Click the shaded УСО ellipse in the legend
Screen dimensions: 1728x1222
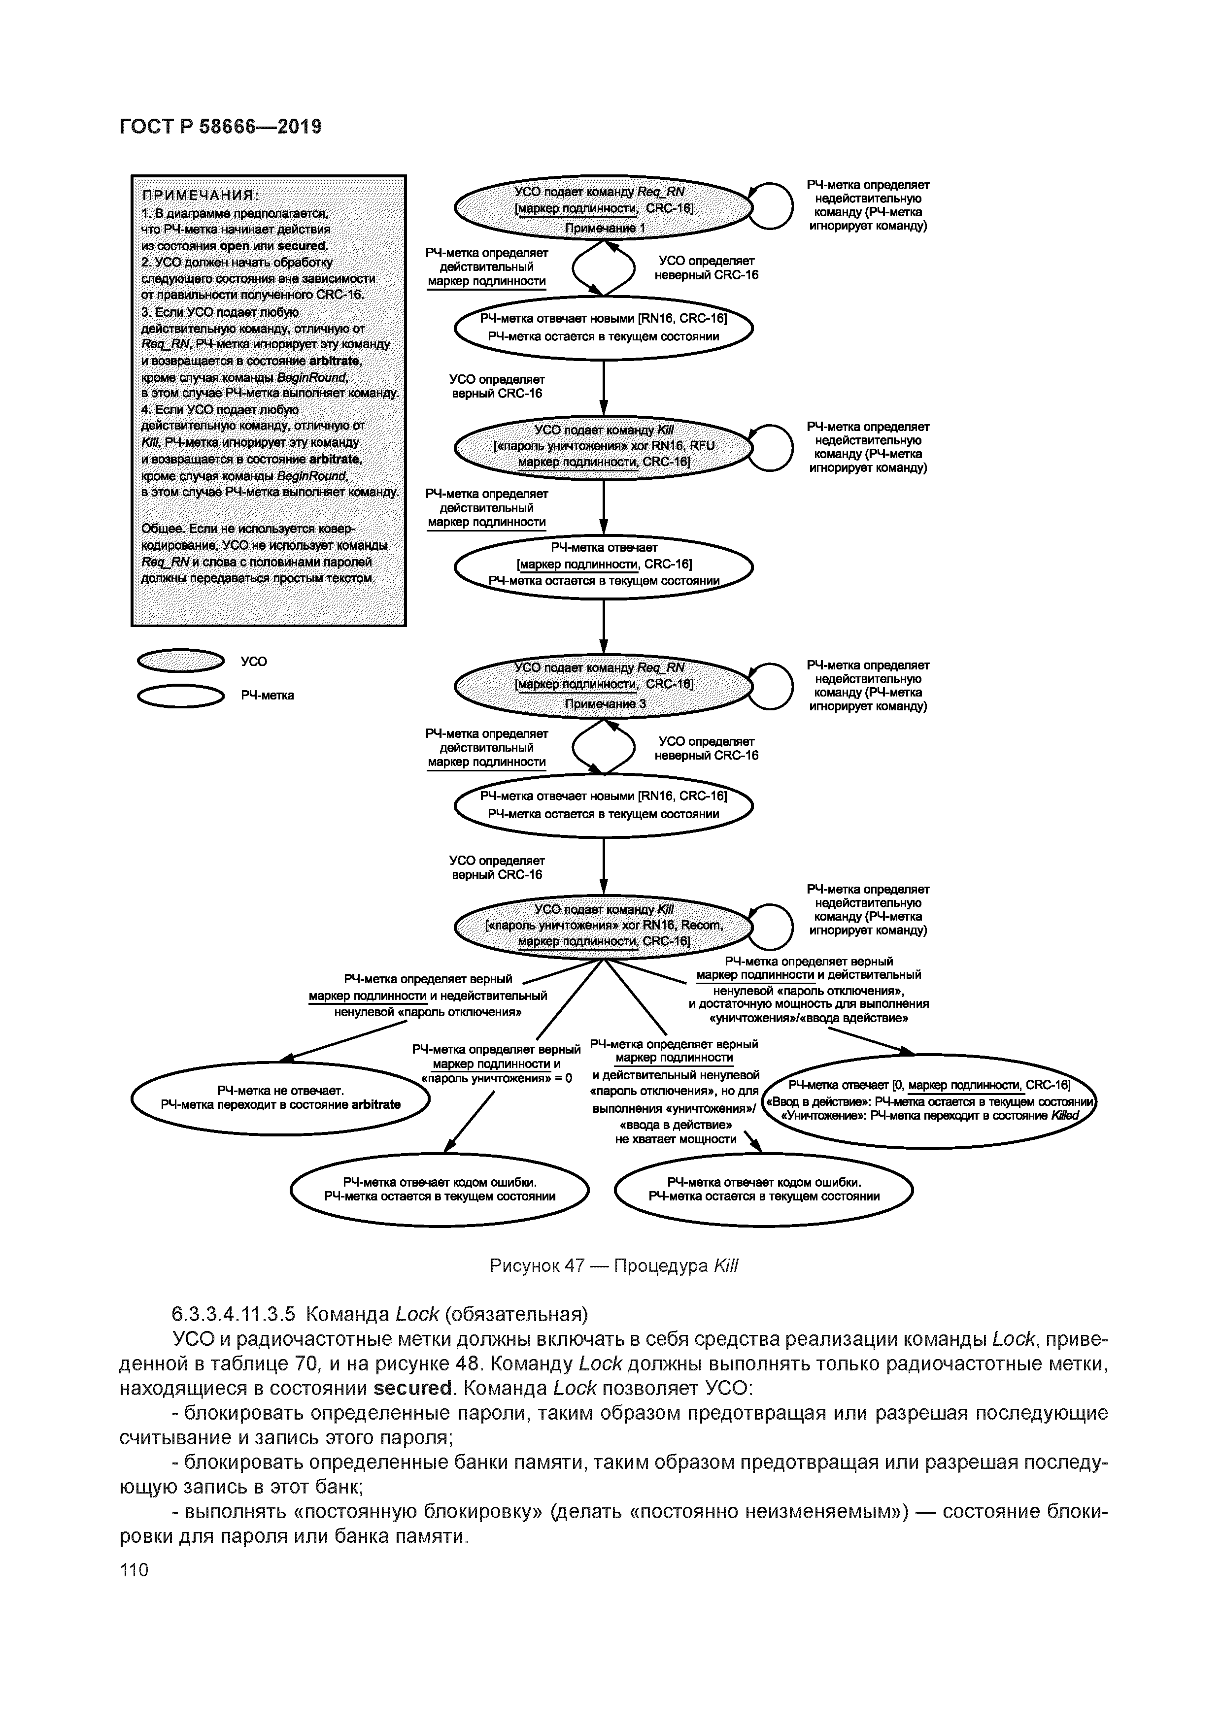click(181, 661)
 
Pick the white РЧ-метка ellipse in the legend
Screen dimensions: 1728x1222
click(181, 696)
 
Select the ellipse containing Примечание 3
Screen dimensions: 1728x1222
click(604, 685)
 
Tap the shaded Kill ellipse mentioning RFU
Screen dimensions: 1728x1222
click(604, 446)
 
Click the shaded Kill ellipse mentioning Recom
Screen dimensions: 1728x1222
click(604, 926)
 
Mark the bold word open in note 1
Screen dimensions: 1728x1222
click(234, 246)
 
